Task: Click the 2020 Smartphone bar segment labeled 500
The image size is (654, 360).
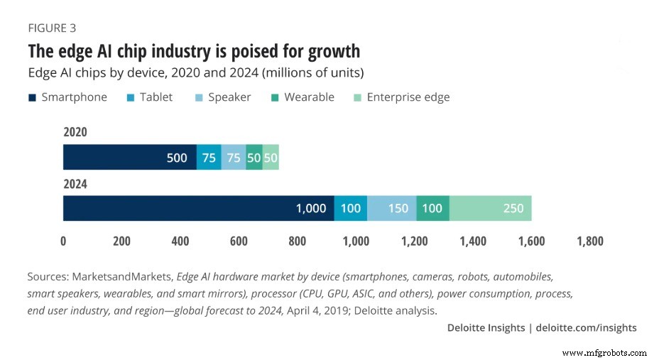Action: point(129,158)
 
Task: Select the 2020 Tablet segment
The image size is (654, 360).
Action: point(209,158)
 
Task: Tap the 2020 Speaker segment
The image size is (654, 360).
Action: point(234,158)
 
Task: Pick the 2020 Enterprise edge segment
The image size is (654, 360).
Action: point(271,158)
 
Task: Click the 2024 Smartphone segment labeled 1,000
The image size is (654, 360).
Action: point(198,208)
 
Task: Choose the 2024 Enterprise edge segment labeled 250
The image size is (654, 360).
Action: point(490,208)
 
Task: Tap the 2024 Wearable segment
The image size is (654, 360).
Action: point(432,208)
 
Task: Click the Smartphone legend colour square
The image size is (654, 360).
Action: point(33,97)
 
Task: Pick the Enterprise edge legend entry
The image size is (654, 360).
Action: point(408,97)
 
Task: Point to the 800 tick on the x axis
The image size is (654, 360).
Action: point(298,241)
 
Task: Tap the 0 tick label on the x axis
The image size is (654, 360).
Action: point(63,241)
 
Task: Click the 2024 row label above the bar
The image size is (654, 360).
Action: point(76,184)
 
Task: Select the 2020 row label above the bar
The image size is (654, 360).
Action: point(76,132)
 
